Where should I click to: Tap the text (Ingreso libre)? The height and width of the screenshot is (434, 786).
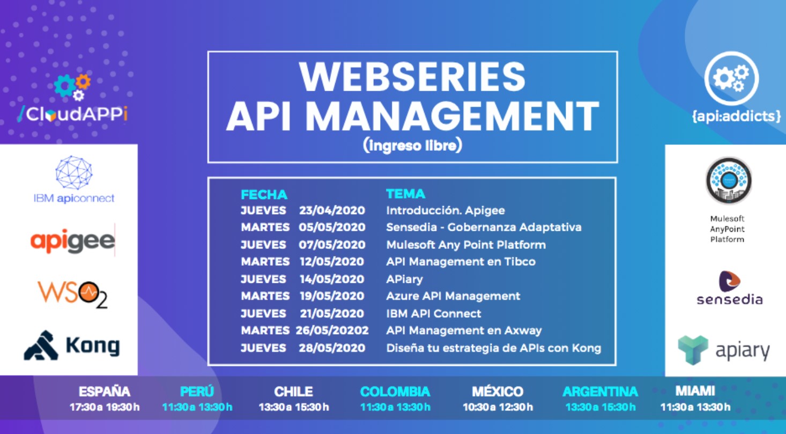coord(412,146)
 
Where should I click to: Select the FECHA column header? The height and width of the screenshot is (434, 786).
coord(264,194)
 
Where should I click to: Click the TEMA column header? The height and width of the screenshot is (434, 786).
coord(405,194)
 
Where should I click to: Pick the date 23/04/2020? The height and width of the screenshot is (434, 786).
coord(332,211)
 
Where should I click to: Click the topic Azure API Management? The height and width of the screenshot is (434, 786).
coord(453,296)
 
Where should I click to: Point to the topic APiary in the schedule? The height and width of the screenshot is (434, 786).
coord(404,279)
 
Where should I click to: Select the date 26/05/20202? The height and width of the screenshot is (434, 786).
coord(332,331)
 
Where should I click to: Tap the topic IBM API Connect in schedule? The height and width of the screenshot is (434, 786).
coord(434,314)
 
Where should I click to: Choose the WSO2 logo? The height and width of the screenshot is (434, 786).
coord(72,294)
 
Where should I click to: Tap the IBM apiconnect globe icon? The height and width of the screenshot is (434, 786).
coord(74,172)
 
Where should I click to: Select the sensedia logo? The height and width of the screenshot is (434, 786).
coord(729,288)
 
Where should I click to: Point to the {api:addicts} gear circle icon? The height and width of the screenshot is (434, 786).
coord(731,78)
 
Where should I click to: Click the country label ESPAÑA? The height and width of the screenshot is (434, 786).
coord(105,392)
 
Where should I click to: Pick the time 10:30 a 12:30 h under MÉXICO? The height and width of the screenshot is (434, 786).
coord(498,408)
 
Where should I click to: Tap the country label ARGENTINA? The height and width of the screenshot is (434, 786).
coord(600,392)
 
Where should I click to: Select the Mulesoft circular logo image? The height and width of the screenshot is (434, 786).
coord(728,180)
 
